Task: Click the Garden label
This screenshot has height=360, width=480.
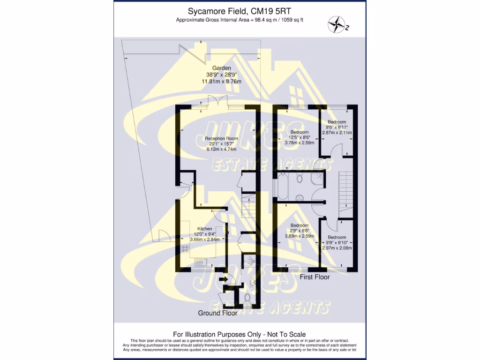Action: (221, 68)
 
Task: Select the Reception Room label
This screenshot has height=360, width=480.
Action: (221, 138)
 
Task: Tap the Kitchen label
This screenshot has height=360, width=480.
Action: (204, 229)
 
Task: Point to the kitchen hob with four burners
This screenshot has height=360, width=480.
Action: (184, 248)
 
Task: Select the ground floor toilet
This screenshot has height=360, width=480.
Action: (248, 297)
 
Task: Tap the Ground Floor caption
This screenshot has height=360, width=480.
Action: (217, 313)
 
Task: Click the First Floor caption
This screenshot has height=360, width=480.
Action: (315, 277)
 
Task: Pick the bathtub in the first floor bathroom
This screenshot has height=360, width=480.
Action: (283, 187)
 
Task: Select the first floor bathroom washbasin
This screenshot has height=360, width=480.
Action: (300, 197)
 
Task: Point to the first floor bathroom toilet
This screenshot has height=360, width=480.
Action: (300, 178)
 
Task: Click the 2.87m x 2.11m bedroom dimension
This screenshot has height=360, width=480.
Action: (337, 133)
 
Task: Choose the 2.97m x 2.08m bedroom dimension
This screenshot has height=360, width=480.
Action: (337, 248)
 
